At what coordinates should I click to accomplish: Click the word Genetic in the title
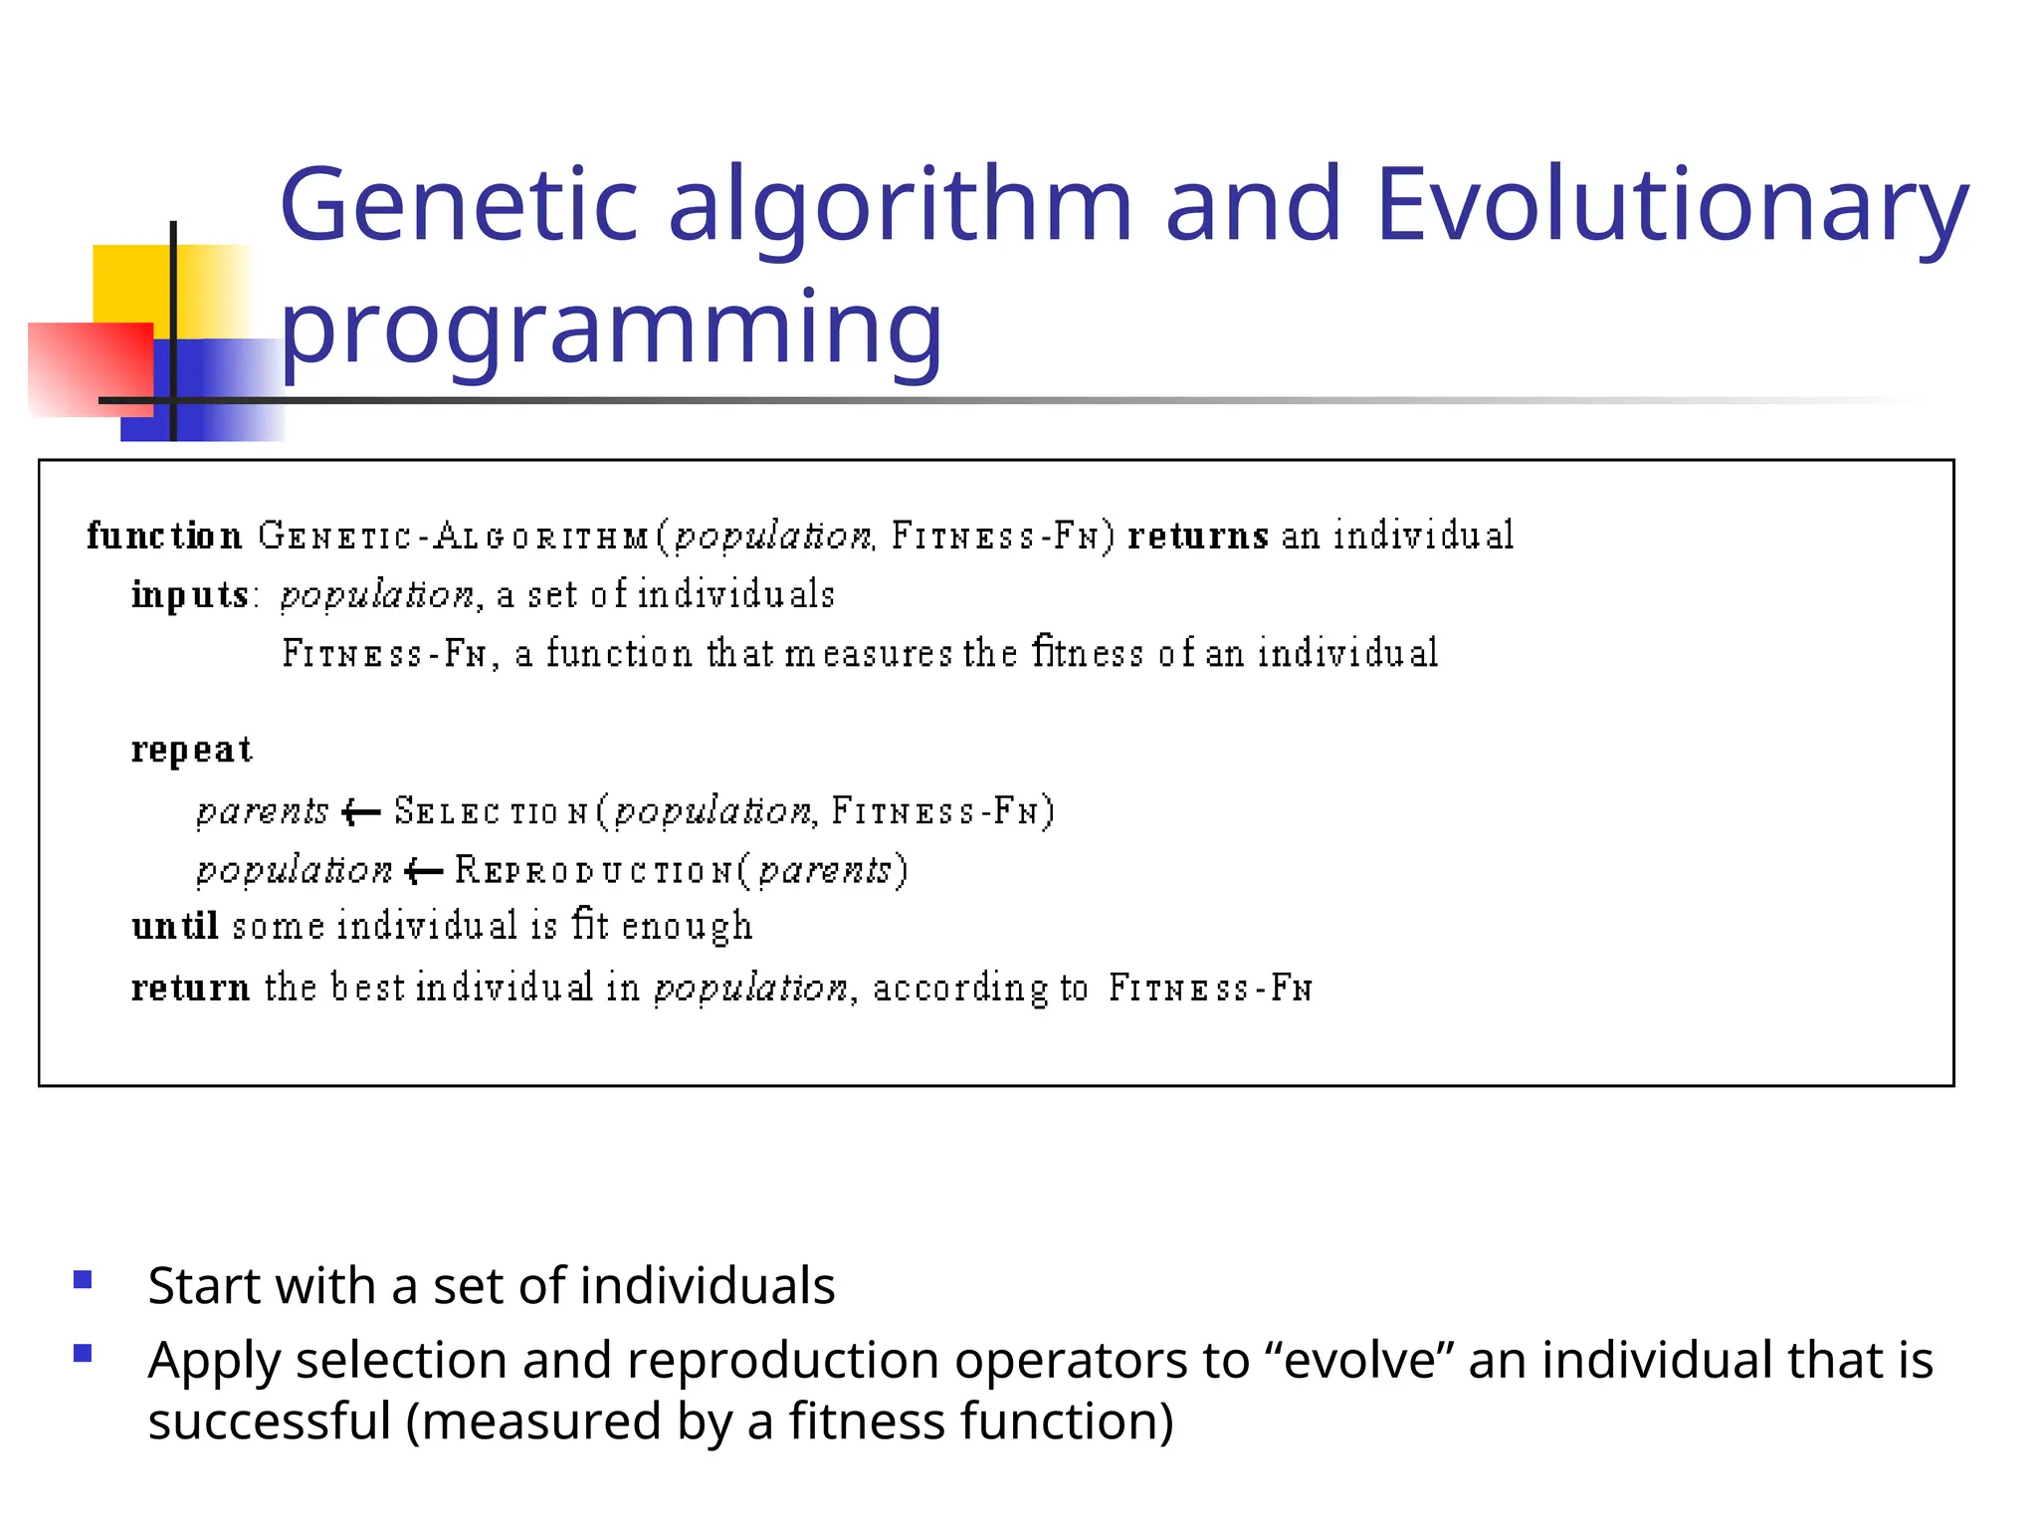click(458, 205)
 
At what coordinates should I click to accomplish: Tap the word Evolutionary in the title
click(1672, 205)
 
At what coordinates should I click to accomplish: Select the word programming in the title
click(611, 328)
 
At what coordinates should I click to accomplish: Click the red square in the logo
click(90, 368)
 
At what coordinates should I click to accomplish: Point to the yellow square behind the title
click(129, 283)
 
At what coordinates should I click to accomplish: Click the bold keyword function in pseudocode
click(164, 536)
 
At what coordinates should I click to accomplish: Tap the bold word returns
click(1197, 536)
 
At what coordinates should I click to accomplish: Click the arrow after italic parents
click(360, 813)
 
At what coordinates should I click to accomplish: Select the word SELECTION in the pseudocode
click(492, 812)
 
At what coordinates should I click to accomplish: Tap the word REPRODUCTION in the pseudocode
click(595, 871)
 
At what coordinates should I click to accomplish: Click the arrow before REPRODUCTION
click(424, 872)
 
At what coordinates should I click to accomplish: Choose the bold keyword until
click(175, 927)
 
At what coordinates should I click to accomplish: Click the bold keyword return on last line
click(190, 988)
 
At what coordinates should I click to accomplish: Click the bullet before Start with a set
click(83, 1279)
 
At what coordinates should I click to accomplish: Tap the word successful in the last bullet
click(269, 1421)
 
